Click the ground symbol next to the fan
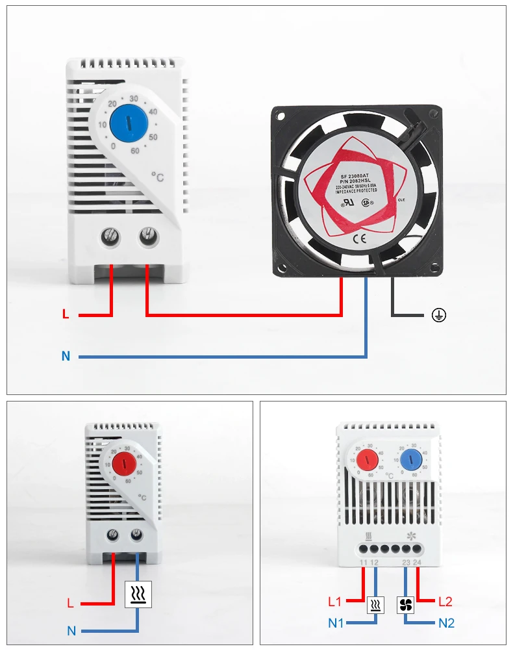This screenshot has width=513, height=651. point(439,316)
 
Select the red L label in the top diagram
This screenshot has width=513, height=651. point(66,315)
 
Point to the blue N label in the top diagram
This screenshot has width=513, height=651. point(66,356)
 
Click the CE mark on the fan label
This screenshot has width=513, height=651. point(359,238)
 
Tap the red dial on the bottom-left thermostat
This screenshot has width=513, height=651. point(123,465)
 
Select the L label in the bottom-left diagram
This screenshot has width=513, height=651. point(71,603)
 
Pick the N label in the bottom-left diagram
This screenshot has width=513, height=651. point(71,630)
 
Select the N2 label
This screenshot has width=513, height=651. point(446,623)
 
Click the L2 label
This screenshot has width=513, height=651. point(445,602)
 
